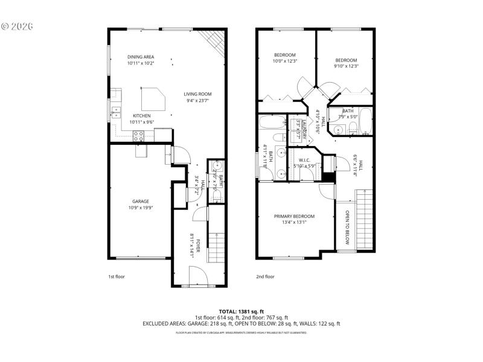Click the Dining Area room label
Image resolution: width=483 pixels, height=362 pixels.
pos(140,57)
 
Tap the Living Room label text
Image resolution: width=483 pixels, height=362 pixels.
pos(197,94)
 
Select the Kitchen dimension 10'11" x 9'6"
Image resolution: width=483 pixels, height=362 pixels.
pos(141,122)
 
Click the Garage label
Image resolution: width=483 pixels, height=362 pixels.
pos(140,202)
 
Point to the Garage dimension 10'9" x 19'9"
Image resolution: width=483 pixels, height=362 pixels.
pos(140,208)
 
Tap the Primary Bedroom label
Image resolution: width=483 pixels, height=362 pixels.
pos(294,216)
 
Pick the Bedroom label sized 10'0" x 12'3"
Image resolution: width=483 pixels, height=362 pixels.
pos(284,55)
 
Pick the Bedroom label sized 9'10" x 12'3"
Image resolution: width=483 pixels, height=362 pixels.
pos(346,60)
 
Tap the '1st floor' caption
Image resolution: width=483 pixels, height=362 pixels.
pos(116,277)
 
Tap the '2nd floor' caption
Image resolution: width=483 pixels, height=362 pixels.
pos(265,277)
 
